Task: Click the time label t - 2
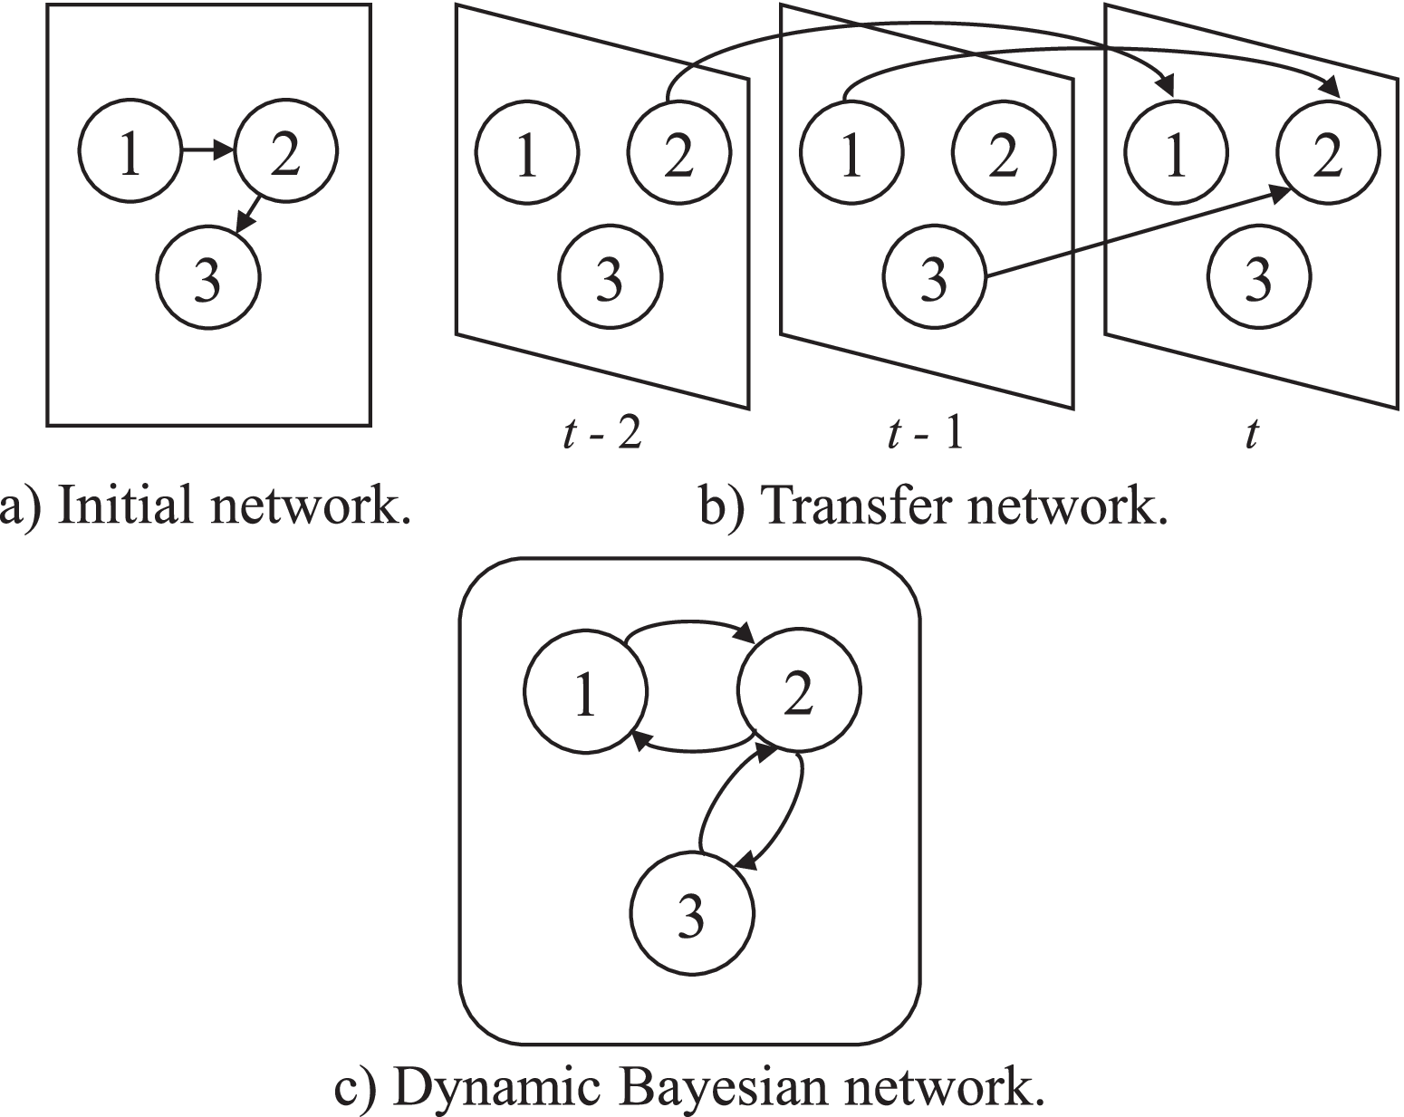(x=602, y=436)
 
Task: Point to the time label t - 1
(x=926, y=436)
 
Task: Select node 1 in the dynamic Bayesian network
(x=585, y=693)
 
